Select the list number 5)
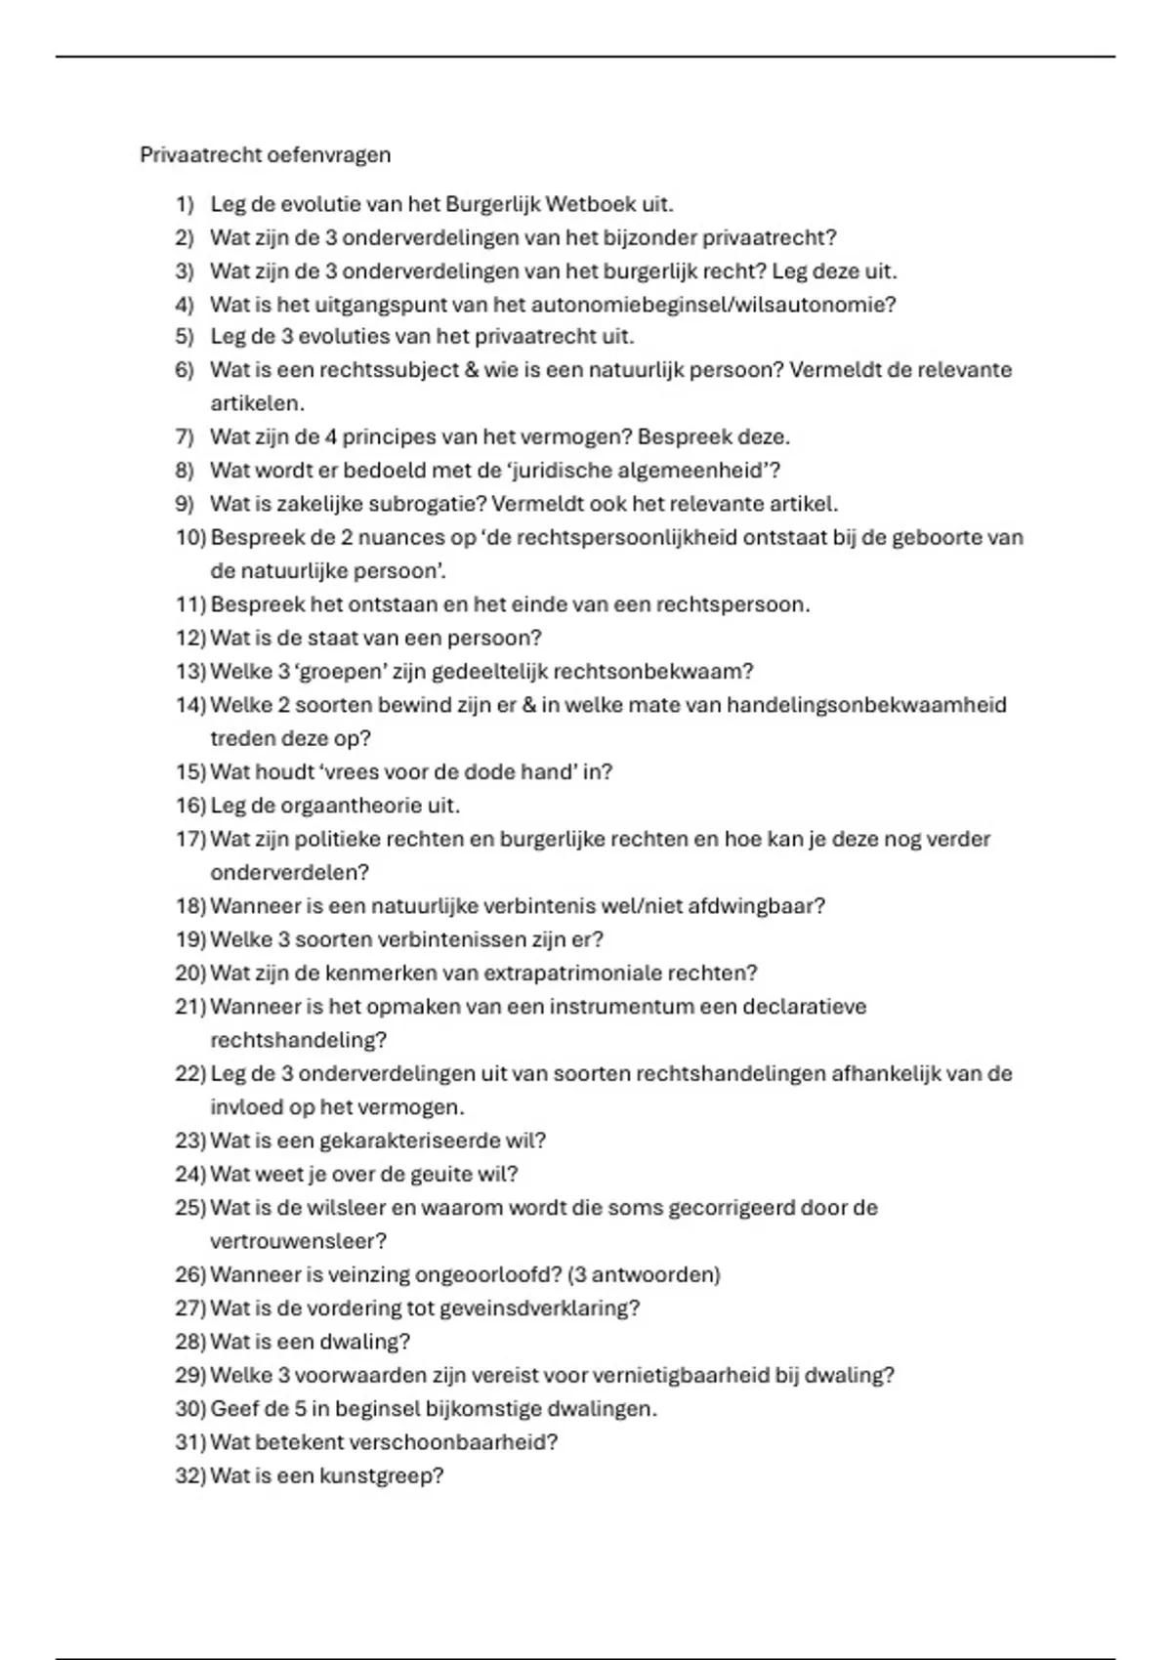185,337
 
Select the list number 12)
189,638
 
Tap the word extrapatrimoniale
573,974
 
